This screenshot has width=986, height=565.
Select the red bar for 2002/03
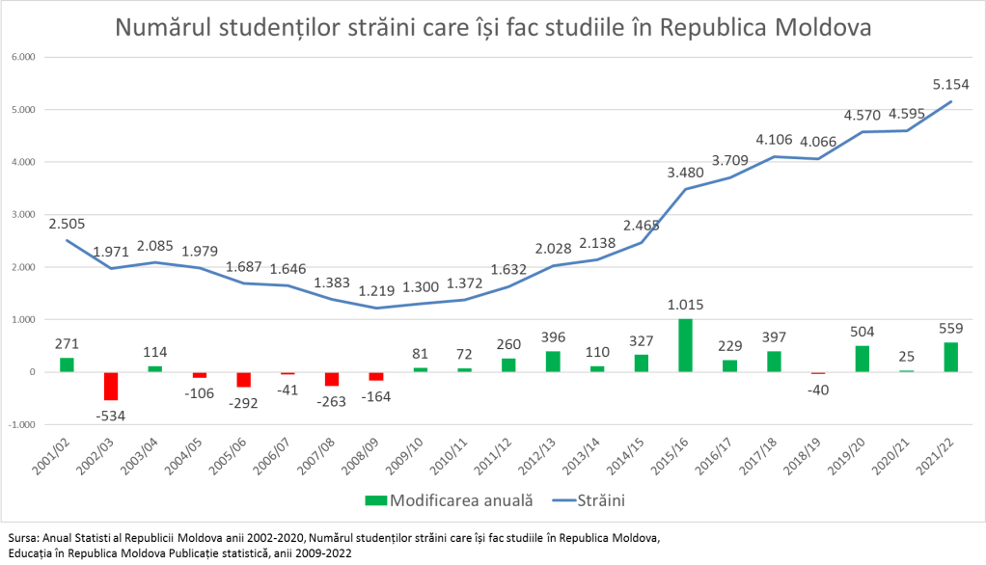(111, 386)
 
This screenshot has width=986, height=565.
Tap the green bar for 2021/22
(951, 357)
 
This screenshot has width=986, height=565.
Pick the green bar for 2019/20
(863, 359)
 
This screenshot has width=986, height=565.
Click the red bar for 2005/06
(243, 379)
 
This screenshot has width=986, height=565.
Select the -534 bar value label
(111, 416)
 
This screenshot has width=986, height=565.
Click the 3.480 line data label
(683, 173)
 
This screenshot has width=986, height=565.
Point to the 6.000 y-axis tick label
(23, 57)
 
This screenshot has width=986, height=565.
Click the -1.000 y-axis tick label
(21, 424)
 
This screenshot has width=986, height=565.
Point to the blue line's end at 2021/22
(951, 101)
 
